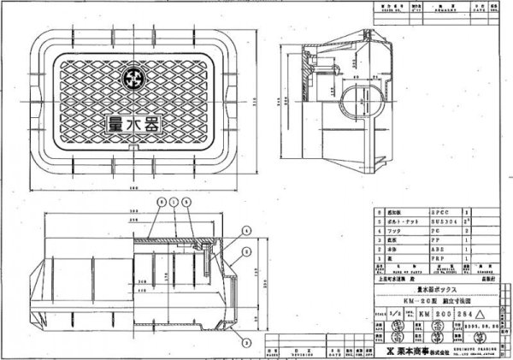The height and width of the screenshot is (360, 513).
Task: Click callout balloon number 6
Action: pos(160,200)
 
